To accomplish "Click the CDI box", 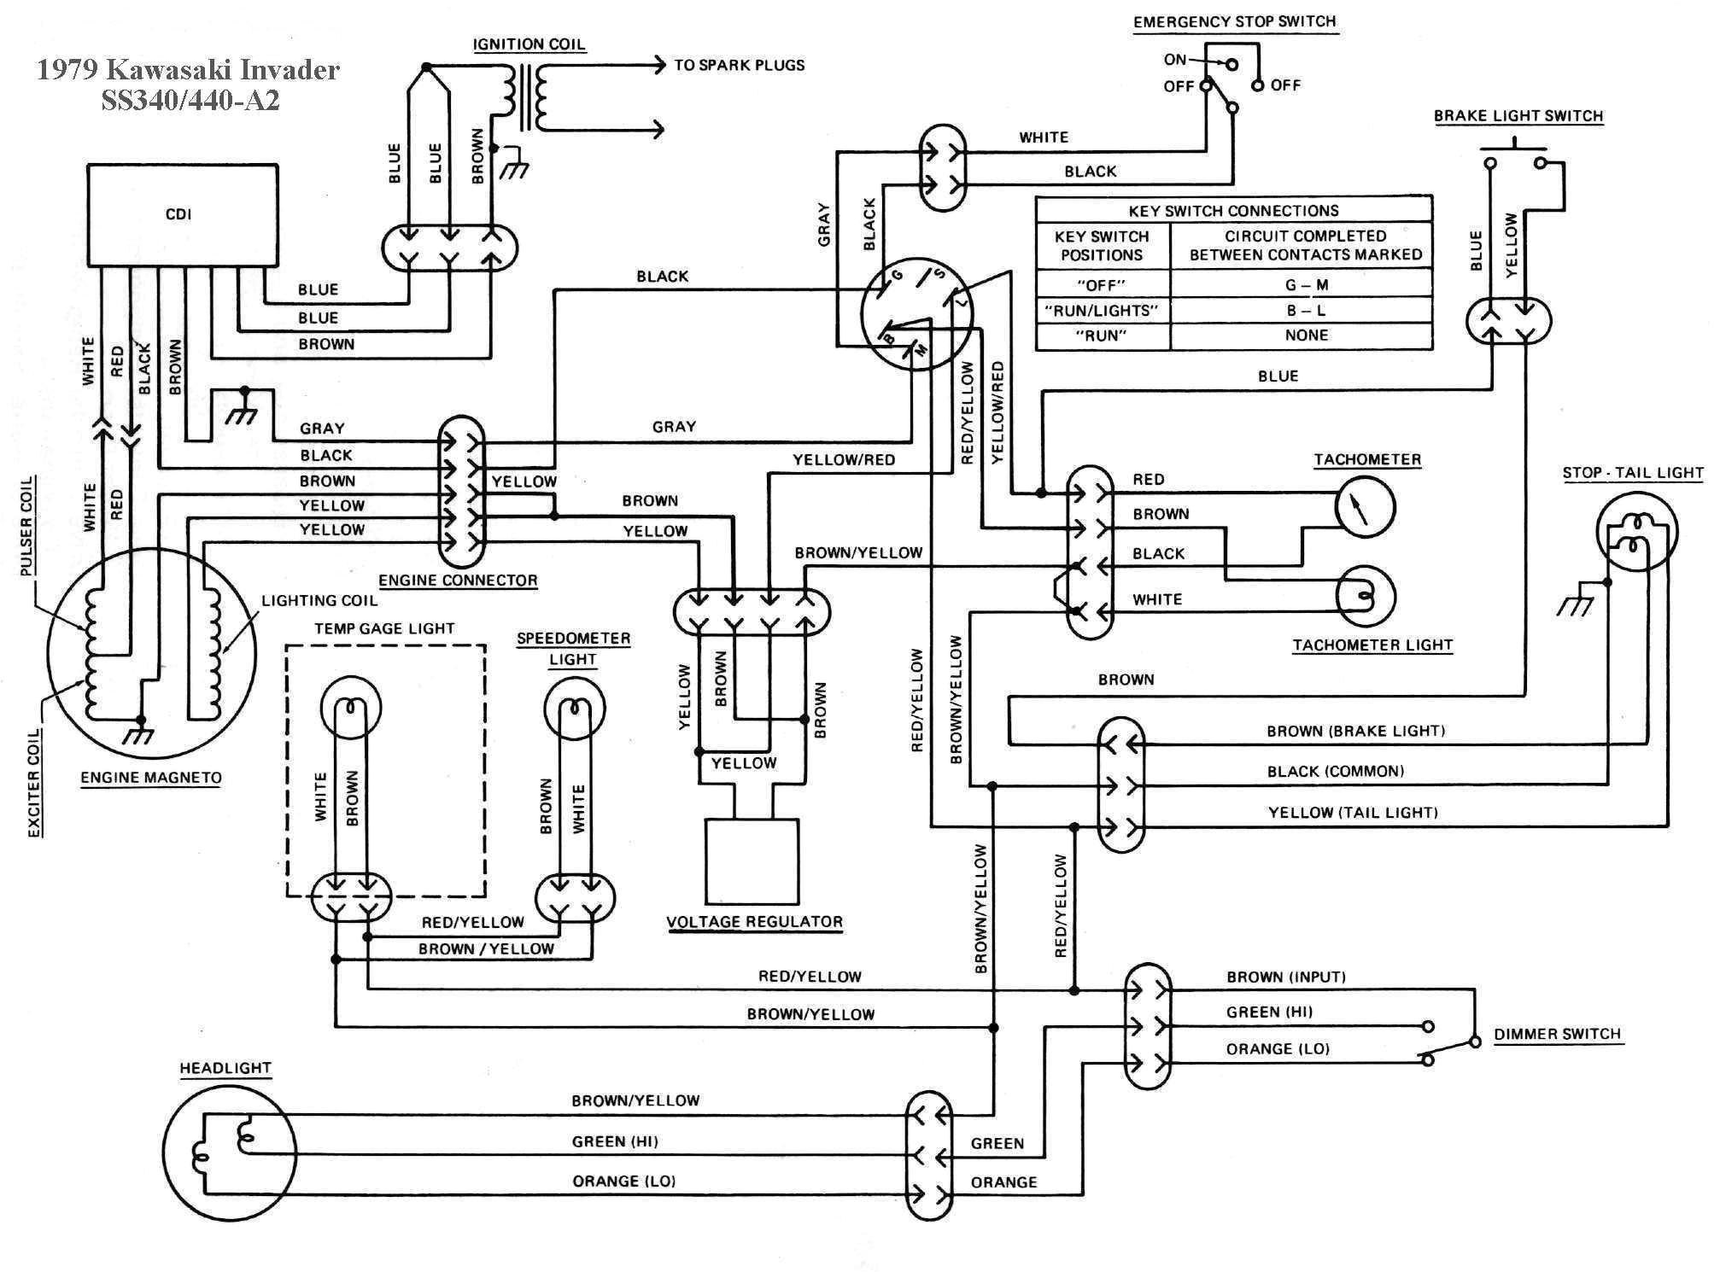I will (182, 214).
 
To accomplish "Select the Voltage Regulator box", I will (752, 862).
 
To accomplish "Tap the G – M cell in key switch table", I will (1306, 285).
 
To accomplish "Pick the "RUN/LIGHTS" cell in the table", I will (1101, 311).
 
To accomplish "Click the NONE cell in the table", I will (1306, 336).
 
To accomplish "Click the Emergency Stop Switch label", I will (1234, 22).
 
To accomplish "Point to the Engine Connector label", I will (458, 581).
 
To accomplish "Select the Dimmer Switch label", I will (1556, 1034).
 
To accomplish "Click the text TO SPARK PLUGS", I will (739, 65).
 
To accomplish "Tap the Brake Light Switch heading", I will (1518, 116).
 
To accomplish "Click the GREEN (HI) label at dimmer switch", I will (1269, 1012).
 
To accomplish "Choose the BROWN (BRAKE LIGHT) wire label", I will (1355, 731).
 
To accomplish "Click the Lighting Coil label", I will (319, 600).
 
